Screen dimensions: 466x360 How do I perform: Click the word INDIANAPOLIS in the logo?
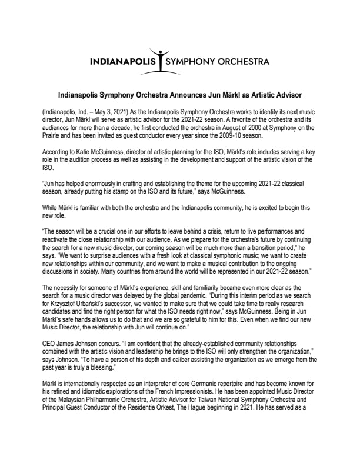(124, 61)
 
